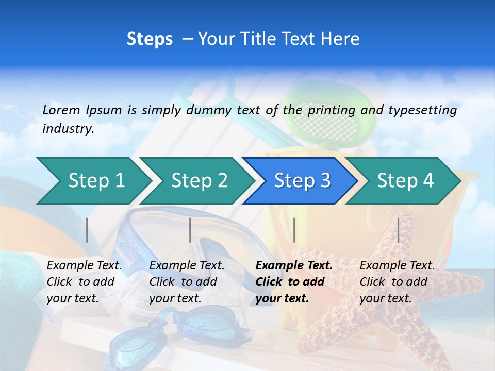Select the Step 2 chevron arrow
click(x=199, y=180)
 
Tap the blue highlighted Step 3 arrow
click(x=302, y=180)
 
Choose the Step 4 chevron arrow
click(x=405, y=180)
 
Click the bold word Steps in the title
click(x=150, y=39)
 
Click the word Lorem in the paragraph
click(x=61, y=110)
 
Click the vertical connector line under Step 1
click(x=87, y=230)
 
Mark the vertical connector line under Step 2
click(x=190, y=230)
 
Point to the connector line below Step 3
click(x=294, y=230)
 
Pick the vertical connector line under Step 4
click(x=398, y=230)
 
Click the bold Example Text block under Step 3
click(x=294, y=282)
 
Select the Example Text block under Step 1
click(x=84, y=282)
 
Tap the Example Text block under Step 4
click(x=397, y=282)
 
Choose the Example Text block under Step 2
click(x=187, y=282)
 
